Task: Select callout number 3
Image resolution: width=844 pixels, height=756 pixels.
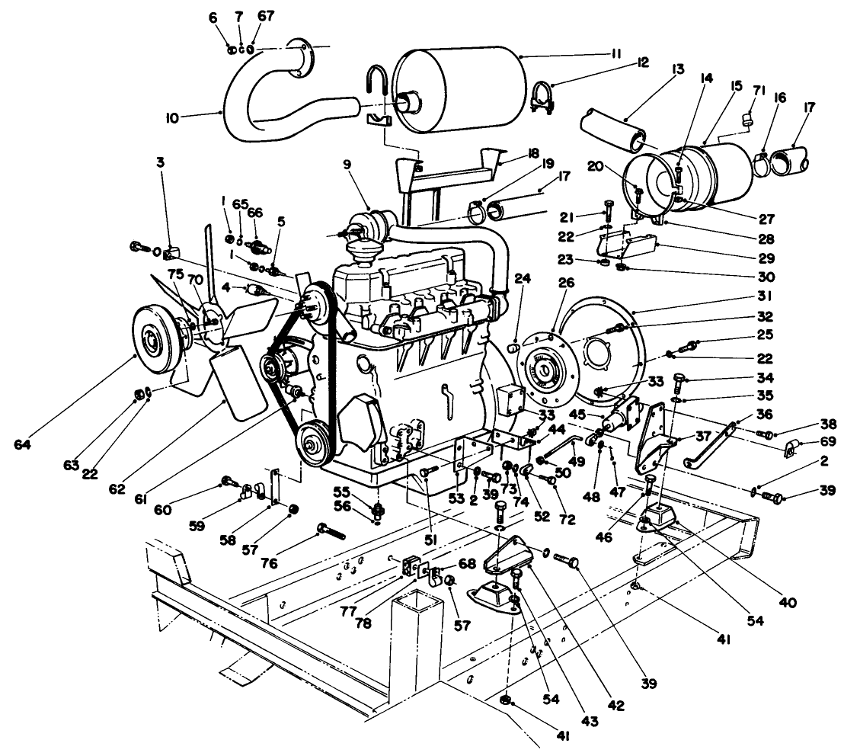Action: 161,162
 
